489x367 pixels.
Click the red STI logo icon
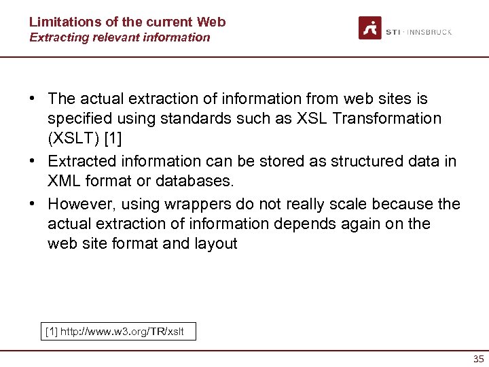370,28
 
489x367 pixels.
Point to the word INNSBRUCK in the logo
429,32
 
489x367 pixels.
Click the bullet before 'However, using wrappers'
32,205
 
